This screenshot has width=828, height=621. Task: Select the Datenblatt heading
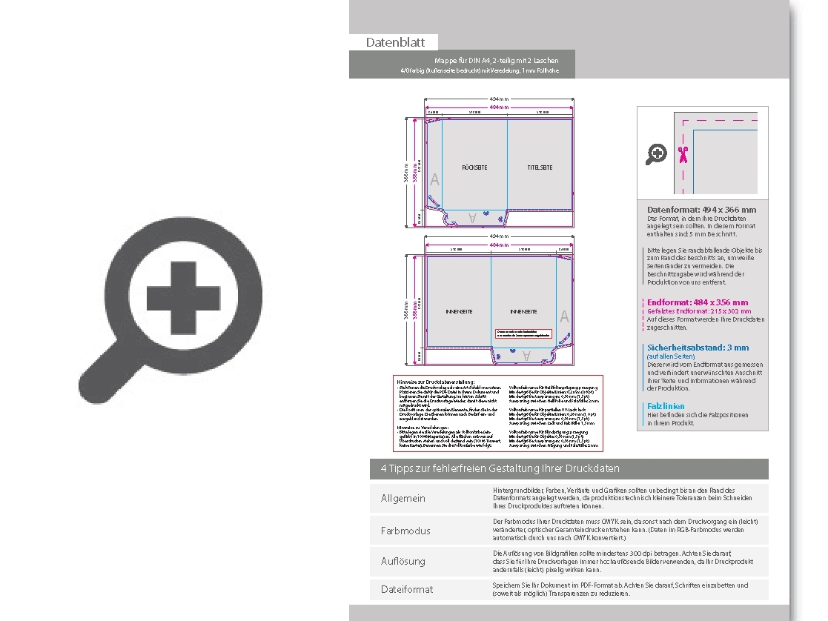point(393,42)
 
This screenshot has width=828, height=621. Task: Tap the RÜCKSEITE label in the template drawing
point(474,168)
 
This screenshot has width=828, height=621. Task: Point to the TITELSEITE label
point(540,168)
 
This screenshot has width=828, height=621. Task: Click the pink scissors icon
point(683,155)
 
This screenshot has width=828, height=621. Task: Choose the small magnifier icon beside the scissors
point(656,155)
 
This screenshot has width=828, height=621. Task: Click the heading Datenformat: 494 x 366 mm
point(701,210)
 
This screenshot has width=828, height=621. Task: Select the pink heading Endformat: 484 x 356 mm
point(698,302)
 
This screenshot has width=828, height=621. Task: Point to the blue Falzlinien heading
point(665,406)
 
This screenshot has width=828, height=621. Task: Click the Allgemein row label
point(403,498)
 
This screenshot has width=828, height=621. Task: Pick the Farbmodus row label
point(405,531)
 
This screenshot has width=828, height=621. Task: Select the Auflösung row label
point(403,561)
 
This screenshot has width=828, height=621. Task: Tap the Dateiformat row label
point(406,589)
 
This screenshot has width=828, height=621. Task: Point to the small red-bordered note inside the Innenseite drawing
point(524,334)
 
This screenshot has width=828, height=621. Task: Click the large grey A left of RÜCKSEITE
point(434,180)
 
